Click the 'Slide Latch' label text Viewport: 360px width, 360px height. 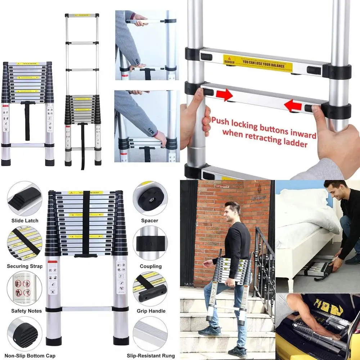pos(24,220)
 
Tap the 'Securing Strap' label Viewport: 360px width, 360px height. pos(24,266)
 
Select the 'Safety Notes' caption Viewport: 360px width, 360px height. pos(26,311)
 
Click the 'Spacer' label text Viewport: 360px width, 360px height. pos(149,220)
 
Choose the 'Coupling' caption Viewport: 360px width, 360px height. pos(150,266)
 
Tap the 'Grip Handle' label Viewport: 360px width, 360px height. pos(151,311)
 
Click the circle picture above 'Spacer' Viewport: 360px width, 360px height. pos(150,198)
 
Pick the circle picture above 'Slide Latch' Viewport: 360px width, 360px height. pos(24,198)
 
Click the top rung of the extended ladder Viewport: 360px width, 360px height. pos(82,16)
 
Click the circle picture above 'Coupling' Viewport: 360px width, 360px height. pos(150,243)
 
